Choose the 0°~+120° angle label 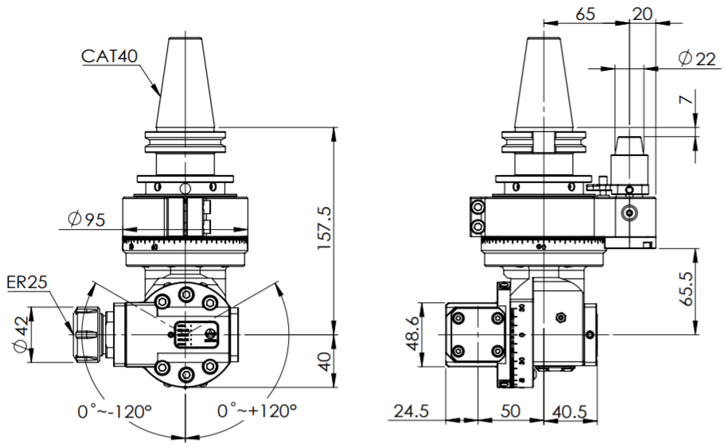point(257,411)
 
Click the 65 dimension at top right point(586,14)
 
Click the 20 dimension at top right point(642,14)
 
